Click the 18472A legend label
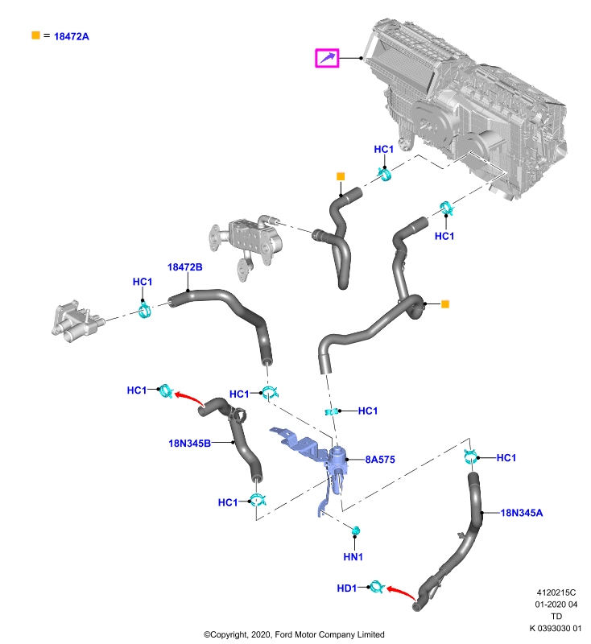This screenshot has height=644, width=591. click(72, 36)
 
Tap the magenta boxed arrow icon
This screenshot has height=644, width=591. click(327, 58)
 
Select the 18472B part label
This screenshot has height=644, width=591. click(185, 267)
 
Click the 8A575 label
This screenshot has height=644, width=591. click(380, 460)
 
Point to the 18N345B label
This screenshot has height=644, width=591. click(190, 444)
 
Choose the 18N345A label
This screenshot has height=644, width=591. click(522, 513)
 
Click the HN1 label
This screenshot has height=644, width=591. click(353, 557)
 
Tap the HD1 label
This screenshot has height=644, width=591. click(347, 588)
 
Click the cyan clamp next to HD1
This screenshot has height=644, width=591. click(376, 588)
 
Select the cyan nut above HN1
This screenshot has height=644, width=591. click(356, 530)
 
